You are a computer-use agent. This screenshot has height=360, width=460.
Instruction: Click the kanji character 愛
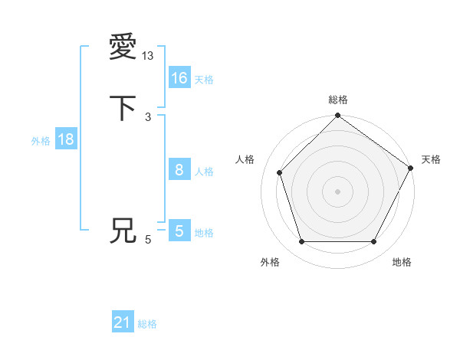pyautogui.click(x=123, y=47)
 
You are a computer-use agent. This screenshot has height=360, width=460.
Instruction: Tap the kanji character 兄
pyautogui.click(x=123, y=231)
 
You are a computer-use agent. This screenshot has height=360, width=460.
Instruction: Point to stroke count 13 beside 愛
pyautogui.click(x=147, y=55)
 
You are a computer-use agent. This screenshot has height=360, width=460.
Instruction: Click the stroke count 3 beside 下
pyautogui.click(x=147, y=116)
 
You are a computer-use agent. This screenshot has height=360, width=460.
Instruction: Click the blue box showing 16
pyautogui.click(x=179, y=78)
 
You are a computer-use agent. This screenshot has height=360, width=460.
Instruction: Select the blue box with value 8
pyautogui.click(x=179, y=171)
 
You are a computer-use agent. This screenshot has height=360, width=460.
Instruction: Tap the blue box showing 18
pyautogui.click(x=65, y=139)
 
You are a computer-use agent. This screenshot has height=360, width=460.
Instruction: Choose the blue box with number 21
pyautogui.click(x=123, y=323)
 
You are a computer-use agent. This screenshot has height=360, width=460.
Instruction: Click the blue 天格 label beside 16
pyautogui.click(x=204, y=80)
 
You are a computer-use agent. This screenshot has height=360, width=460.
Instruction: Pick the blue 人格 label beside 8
pyautogui.click(x=204, y=172)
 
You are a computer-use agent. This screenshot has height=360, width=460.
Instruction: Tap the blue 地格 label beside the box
pyautogui.click(x=204, y=233)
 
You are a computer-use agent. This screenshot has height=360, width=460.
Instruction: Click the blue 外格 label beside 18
pyautogui.click(x=41, y=141)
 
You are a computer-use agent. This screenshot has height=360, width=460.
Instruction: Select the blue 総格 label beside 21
pyautogui.click(x=147, y=325)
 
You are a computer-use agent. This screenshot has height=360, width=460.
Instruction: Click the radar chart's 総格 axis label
pyautogui.click(x=337, y=100)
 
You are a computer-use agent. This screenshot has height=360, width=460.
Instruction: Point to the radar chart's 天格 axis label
pyautogui.click(x=431, y=159)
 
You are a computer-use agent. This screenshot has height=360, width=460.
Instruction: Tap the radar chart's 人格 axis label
pyautogui.click(x=245, y=159)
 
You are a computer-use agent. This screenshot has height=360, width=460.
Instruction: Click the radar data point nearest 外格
pyautogui.click(x=301, y=242)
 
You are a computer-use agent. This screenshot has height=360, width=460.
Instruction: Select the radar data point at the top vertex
pyautogui.click(x=337, y=116)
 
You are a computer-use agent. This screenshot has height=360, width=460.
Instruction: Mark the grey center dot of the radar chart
pyautogui.click(x=337, y=191)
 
